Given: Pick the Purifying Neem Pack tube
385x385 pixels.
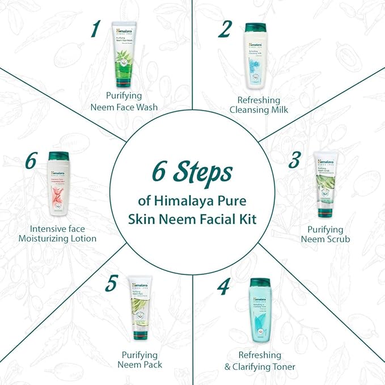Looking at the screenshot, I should tap(139, 311).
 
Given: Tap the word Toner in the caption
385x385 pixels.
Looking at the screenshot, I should tap(280, 367).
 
